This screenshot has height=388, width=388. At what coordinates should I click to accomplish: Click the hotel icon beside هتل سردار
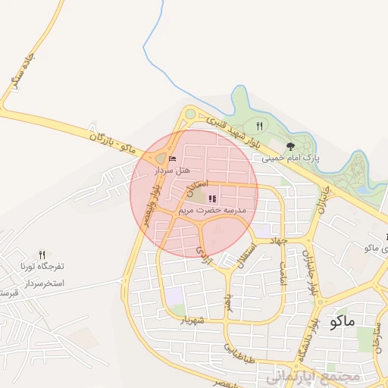click(172, 158)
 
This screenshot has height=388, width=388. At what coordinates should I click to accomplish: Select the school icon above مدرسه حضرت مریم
click(211, 199)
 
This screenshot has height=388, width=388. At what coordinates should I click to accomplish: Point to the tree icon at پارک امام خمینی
click(290, 146)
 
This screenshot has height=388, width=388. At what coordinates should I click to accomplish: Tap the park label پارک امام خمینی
click(291, 158)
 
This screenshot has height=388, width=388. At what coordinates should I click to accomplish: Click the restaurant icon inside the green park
click(259, 126)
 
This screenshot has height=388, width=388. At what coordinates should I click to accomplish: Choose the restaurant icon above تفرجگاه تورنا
click(42, 255)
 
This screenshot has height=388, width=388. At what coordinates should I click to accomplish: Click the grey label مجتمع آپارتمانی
click(310, 377)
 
